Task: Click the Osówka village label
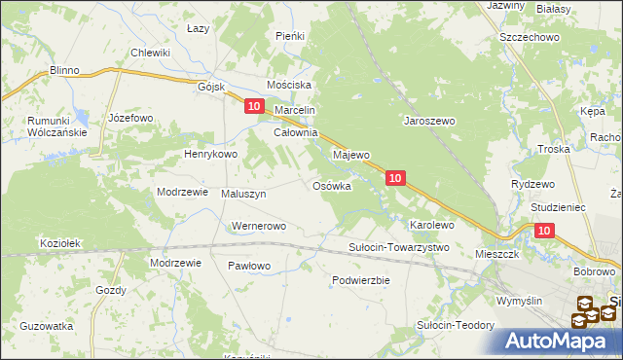331,186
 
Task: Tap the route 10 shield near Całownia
253,106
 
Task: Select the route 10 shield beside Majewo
394,178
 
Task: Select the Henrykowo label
211,155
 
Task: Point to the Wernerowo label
258,227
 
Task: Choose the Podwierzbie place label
360,280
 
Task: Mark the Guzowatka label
47,326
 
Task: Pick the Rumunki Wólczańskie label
45,126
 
